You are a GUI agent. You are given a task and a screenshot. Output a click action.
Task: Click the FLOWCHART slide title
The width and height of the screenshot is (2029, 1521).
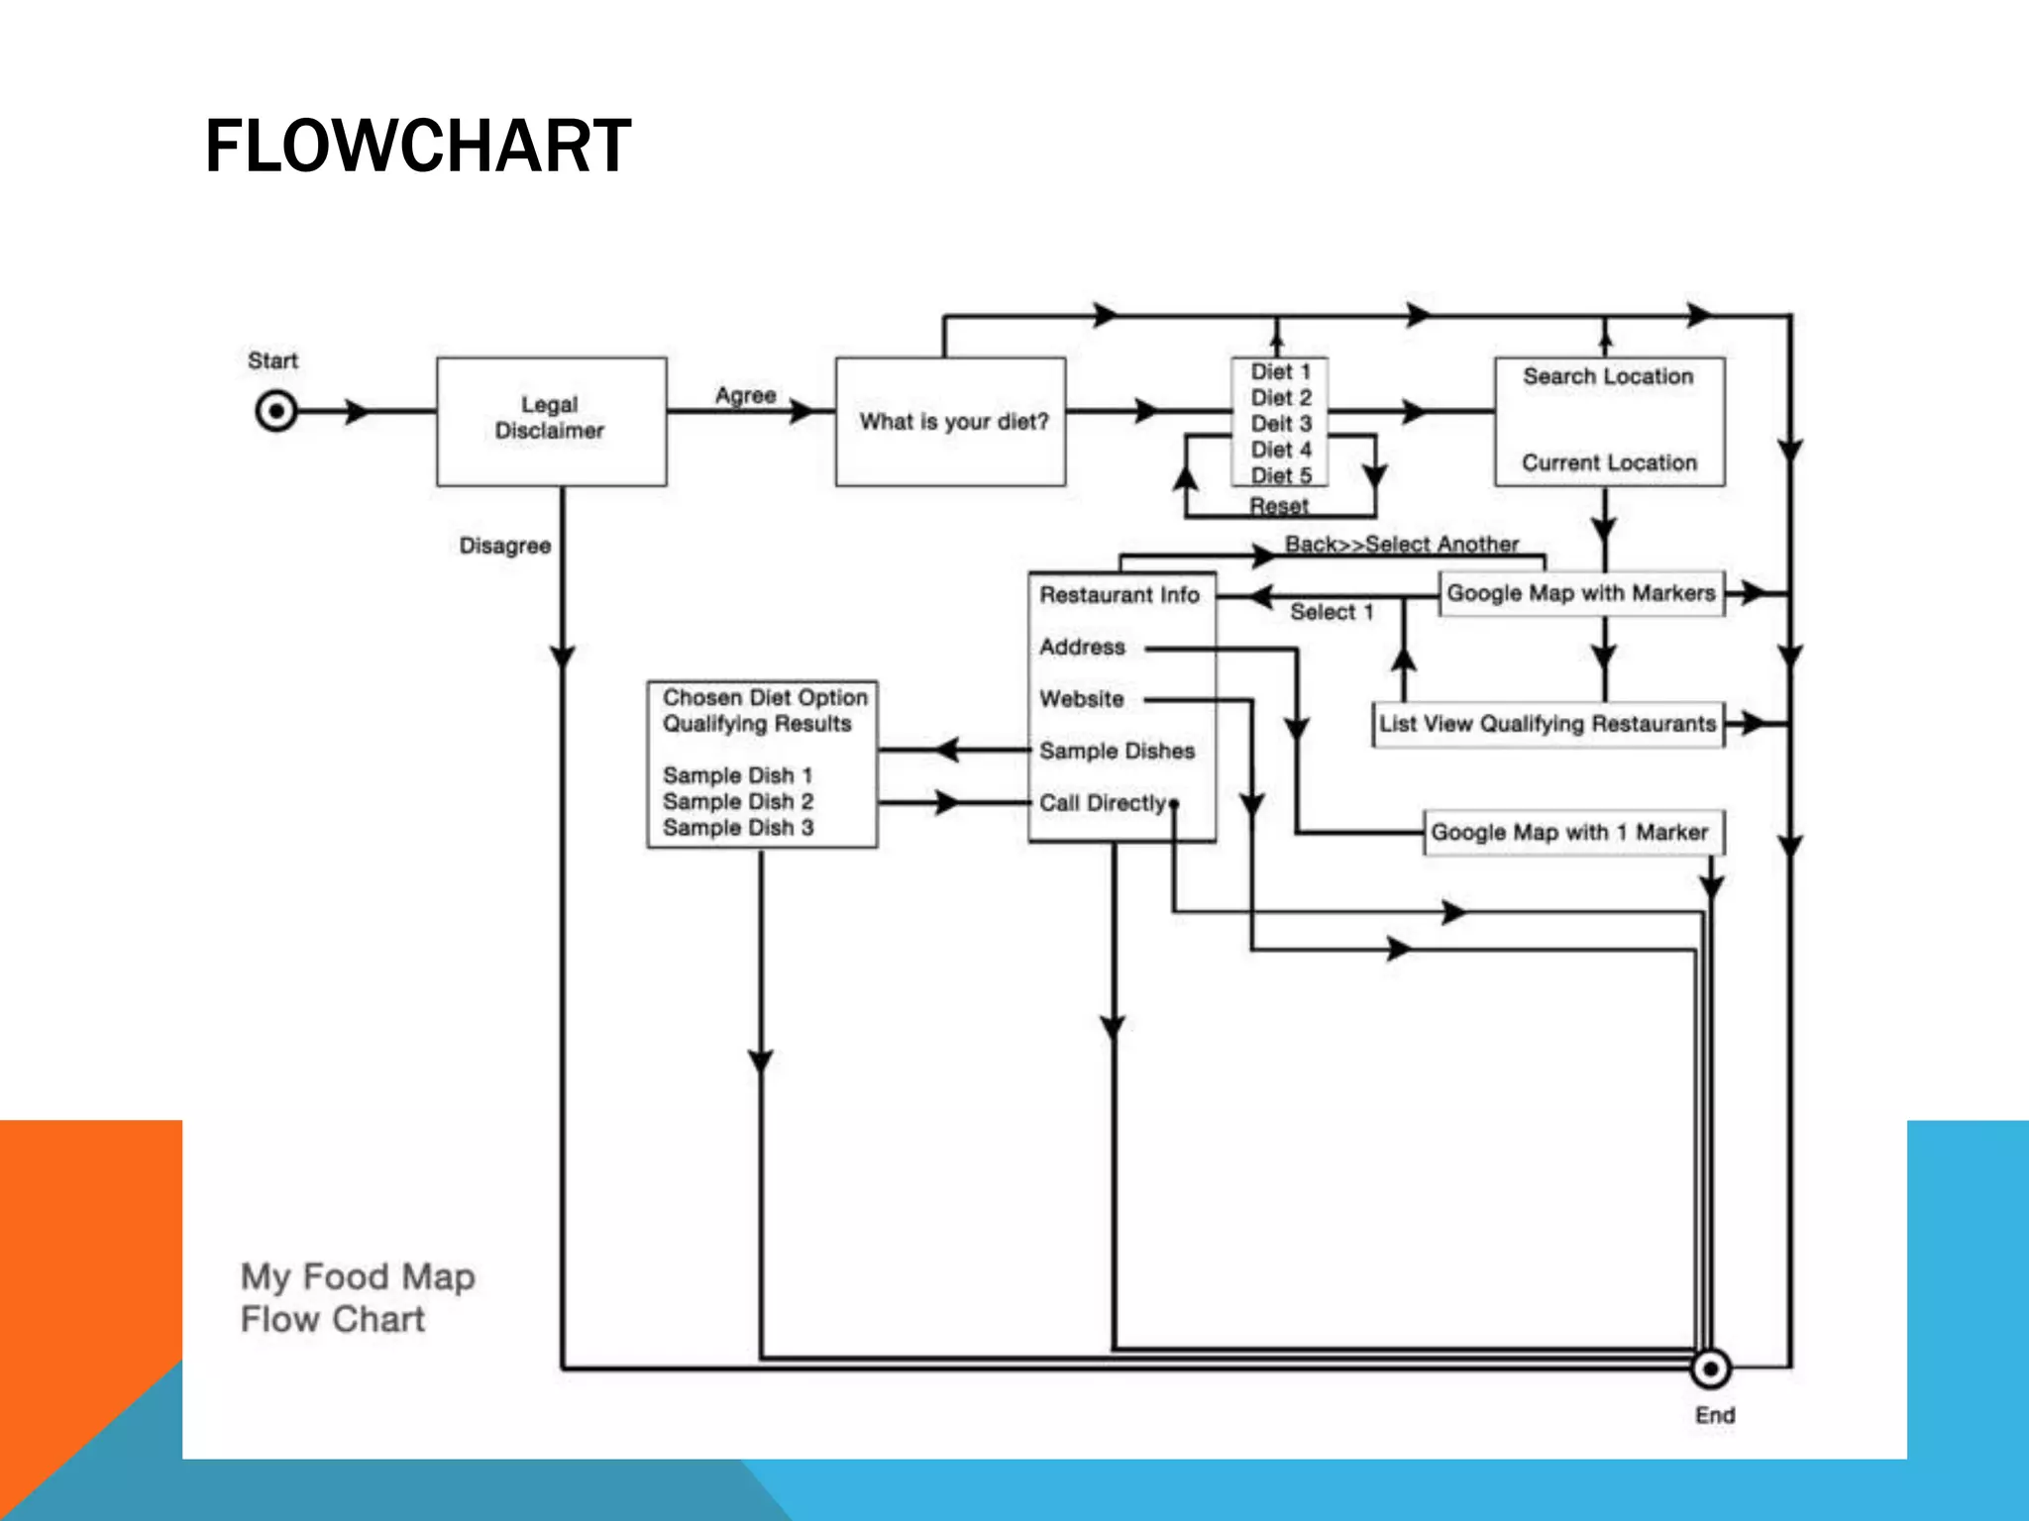pyautogui.click(x=417, y=147)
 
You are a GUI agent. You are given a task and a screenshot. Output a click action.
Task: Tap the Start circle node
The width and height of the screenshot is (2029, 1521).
pyautogui.click(x=276, y=410)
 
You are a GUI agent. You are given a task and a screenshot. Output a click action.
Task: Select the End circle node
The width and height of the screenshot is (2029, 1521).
pyautogui.click(x=1710, y=1369)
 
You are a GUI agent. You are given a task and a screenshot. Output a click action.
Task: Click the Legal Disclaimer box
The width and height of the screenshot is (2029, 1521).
pyautogui.click(x=551, y=420)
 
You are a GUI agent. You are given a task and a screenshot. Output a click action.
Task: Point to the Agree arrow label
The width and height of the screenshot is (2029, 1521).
pyautogui.click(x=745, y=395)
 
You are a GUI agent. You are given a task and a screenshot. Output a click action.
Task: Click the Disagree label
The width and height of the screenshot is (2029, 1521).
pyautogui.click(x=504, y=546)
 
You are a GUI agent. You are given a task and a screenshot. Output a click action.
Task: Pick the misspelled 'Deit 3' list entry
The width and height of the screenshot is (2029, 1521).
pyautogui.click(x=1280, y=424)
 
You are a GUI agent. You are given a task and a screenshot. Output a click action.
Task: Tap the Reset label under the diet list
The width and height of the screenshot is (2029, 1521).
pyautogui.click(x=1278, y=506)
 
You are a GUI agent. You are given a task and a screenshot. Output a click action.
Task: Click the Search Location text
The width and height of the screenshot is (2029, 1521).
pyautogui.click(x=1608, y=376)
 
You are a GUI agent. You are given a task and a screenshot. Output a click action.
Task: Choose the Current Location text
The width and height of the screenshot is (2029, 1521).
pyautogui.click(x=1609, y=462)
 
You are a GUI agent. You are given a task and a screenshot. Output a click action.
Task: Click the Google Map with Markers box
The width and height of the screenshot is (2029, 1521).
pyautogui.click(x=1581, y=593)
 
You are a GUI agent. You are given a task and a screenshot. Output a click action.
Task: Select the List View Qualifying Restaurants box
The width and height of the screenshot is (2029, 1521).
pyautogui.click(x=1548, y=724)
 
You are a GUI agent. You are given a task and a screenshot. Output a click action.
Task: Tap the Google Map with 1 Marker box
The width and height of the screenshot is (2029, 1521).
pyautogui.click(x=1571, y=832)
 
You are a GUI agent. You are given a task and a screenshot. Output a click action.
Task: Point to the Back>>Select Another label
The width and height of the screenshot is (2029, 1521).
pyautogui.click(x=1401, y=544)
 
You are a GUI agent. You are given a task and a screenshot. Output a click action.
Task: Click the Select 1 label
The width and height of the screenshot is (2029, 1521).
pyautogui.click(x=1331, y=612)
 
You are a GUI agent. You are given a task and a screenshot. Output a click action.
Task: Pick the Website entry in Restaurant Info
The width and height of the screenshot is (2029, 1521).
pyautogui.click(x=1082, y=699)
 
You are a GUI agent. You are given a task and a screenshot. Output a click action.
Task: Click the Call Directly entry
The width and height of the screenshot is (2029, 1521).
pyautogui.click(x=1103, y=803)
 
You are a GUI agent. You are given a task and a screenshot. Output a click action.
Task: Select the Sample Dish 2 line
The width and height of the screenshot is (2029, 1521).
pyautogui.click(x=738, y=801)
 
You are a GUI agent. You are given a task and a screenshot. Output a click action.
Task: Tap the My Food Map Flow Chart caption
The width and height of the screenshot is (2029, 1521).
pyautogui.click(x=357, y=1297)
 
